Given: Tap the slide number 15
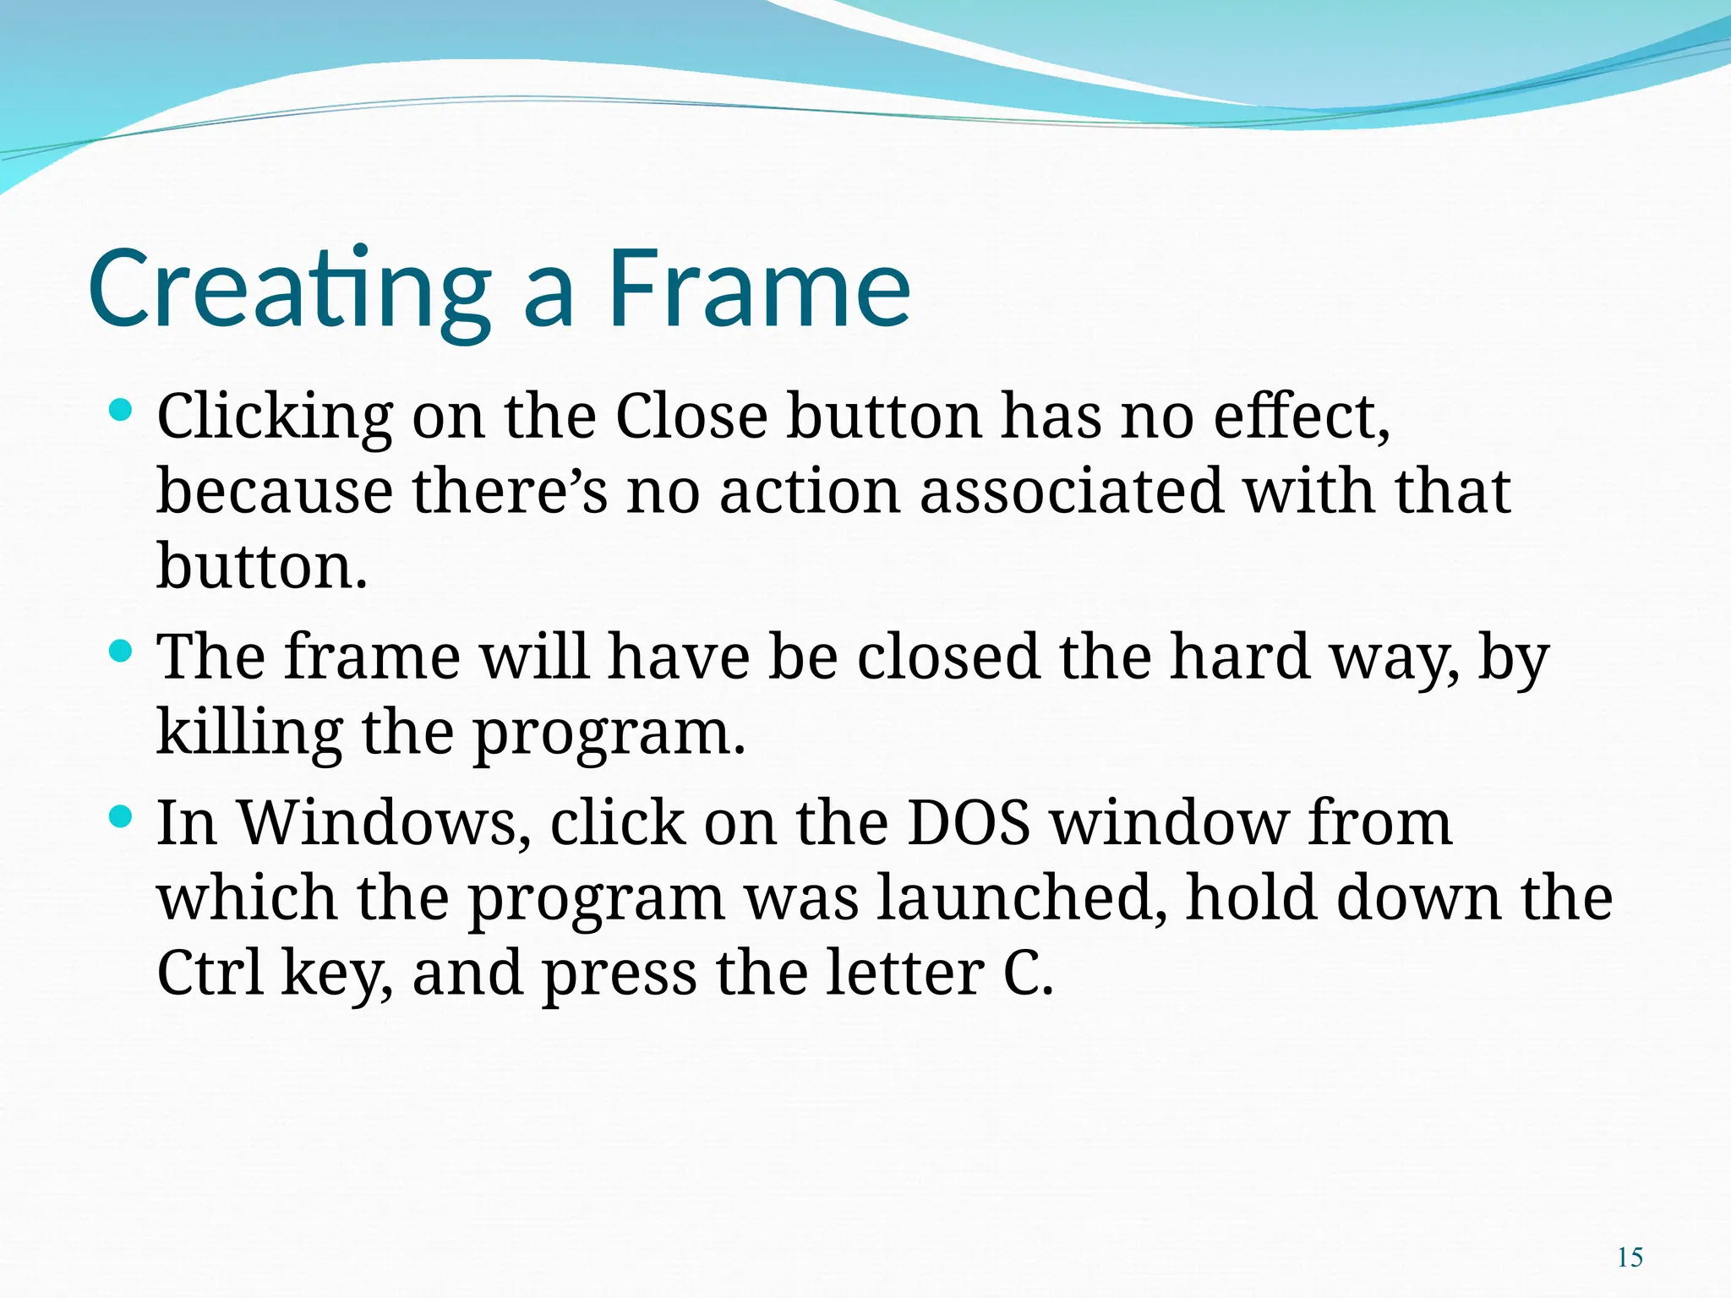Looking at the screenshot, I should coord(1630,1257).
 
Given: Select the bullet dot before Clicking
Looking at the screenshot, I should coord(121,412).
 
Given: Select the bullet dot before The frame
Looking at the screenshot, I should coord(121,652).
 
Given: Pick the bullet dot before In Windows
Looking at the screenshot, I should coord(121,816).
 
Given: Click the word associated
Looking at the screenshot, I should coord(1071,491).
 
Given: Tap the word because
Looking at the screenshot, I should coord(275,491).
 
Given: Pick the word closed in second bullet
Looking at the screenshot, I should coord(948,657).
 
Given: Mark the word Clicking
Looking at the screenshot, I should coord(275,417).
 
